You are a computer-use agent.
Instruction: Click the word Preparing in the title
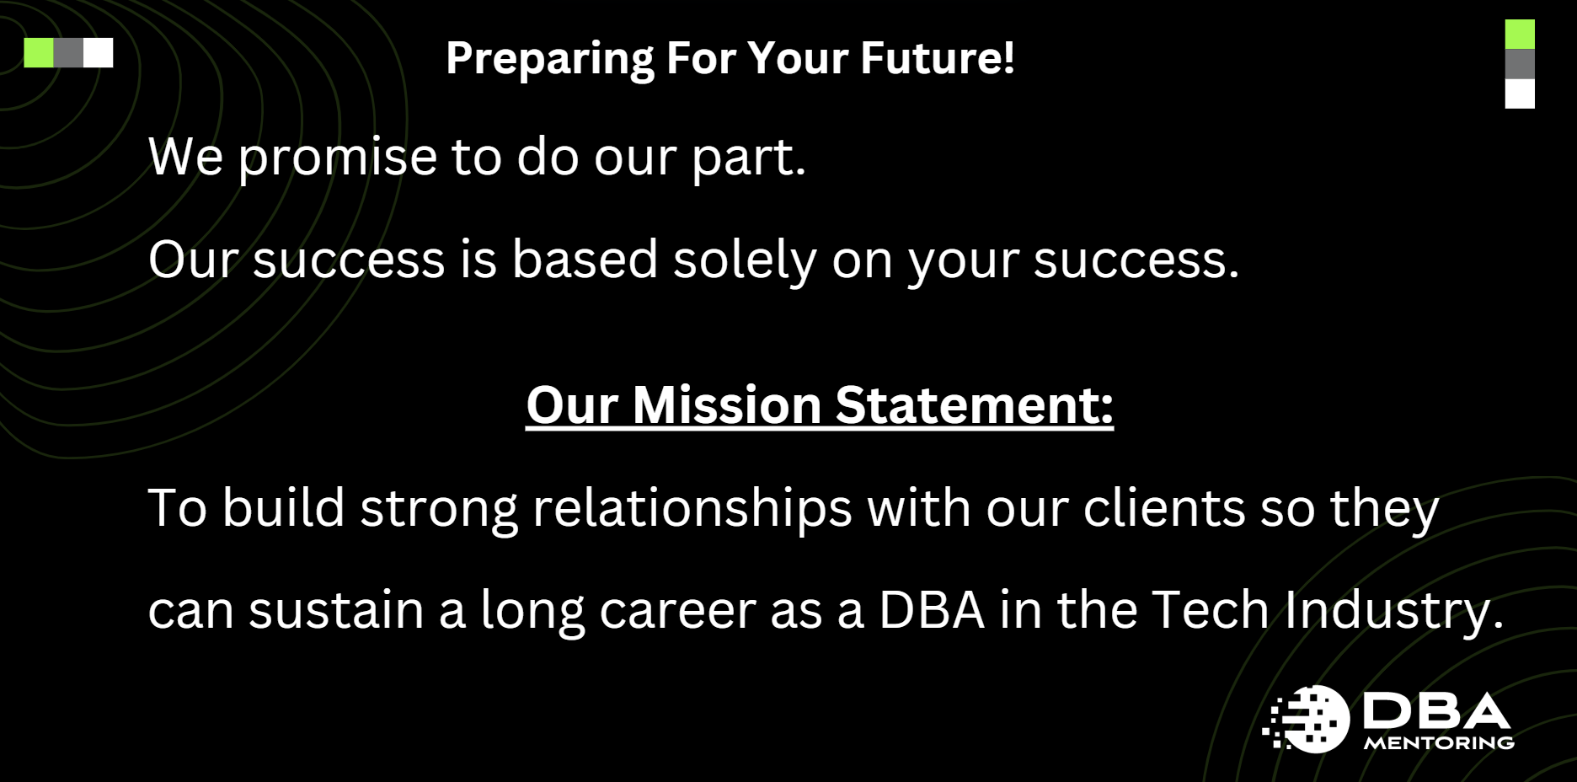click(x=549, y=59)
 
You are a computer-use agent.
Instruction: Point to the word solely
click(x=745, y=260)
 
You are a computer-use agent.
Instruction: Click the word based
click(x=585, y=259)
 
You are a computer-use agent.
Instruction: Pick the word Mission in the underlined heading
click(x=726, y=405)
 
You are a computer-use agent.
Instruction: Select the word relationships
click(x=692, y=509)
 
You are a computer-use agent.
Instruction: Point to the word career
click(x=677, y=610)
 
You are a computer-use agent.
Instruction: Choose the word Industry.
click(x=1393, y=610)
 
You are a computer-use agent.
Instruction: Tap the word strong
click(x=438, y=509)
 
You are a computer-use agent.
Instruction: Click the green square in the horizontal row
click(x=39, y=52)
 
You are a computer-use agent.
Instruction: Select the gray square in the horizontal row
click(x=68, y=52)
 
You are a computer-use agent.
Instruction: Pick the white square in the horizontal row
click(x=98, y=52)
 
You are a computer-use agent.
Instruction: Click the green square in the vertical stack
click(x=1520, y=35)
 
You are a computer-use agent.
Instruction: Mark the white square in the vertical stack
click(x=1520, y=94)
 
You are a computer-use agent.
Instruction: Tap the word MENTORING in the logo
click(x=1439, y=743)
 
